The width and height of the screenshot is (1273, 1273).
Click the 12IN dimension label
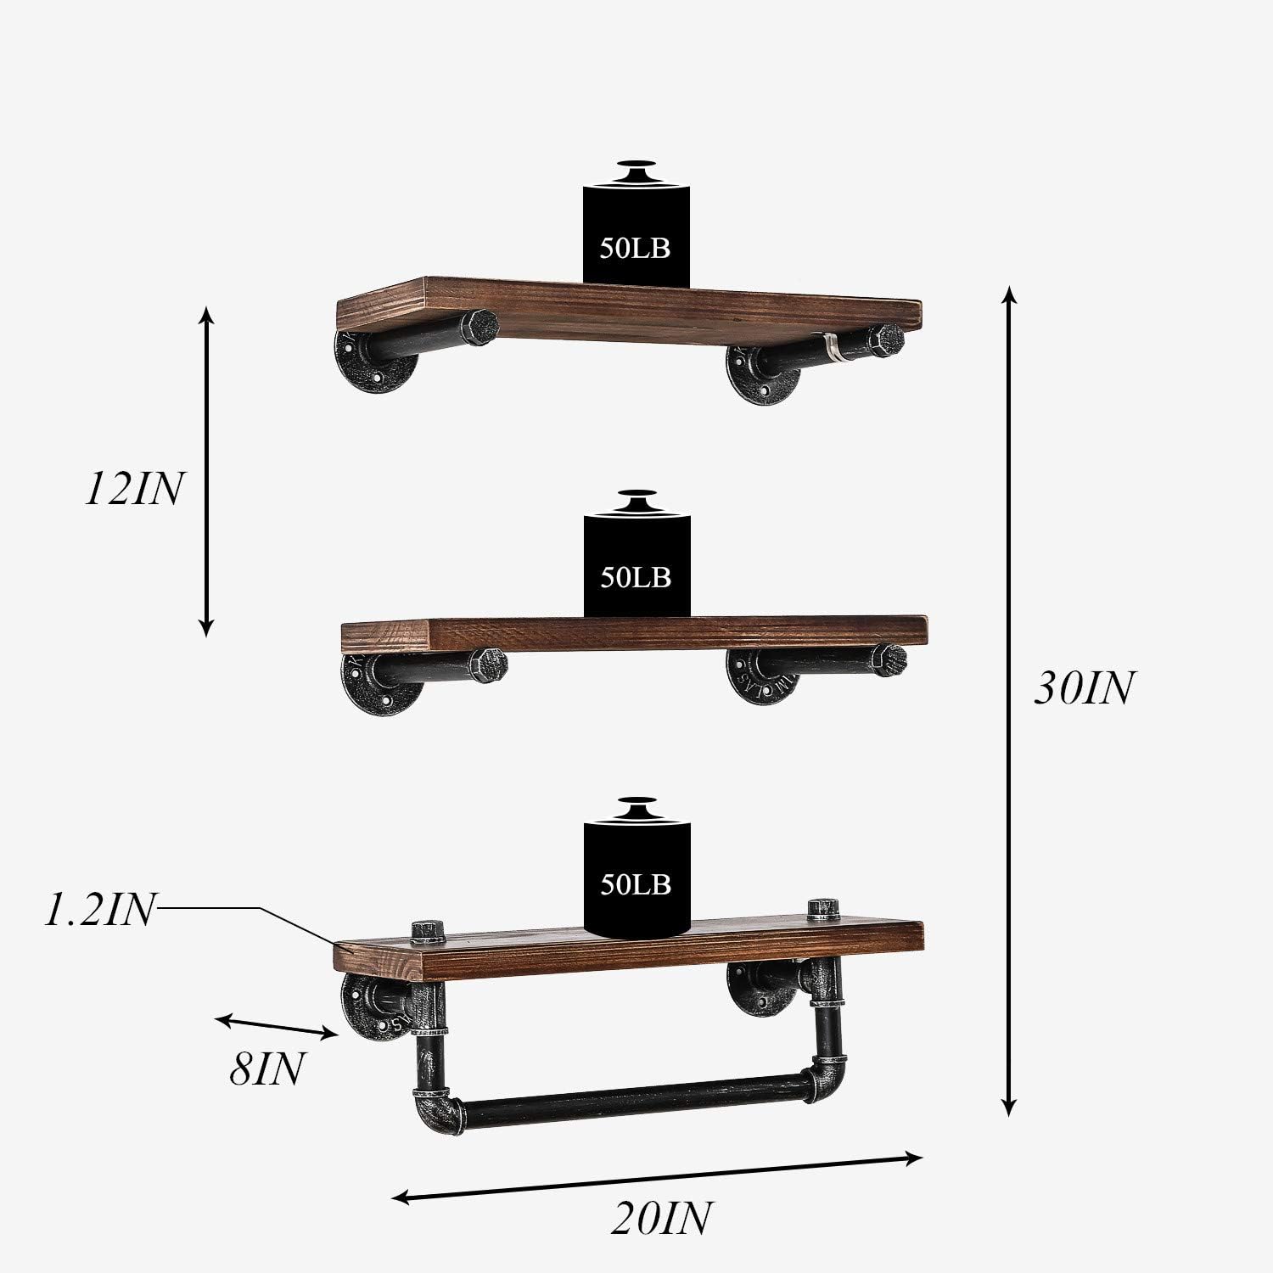133,490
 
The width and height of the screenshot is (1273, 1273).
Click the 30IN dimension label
1083,688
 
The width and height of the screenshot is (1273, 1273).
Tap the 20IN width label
660,1218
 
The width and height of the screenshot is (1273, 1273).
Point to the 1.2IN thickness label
100,911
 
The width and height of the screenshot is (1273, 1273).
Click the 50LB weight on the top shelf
636,229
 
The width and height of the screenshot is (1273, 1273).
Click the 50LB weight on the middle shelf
636,560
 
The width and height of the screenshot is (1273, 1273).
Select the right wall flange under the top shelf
754,375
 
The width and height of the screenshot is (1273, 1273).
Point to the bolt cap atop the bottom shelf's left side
428,931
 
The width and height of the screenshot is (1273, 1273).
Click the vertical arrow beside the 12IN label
206,471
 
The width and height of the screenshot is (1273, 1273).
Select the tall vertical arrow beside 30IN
1008,700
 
